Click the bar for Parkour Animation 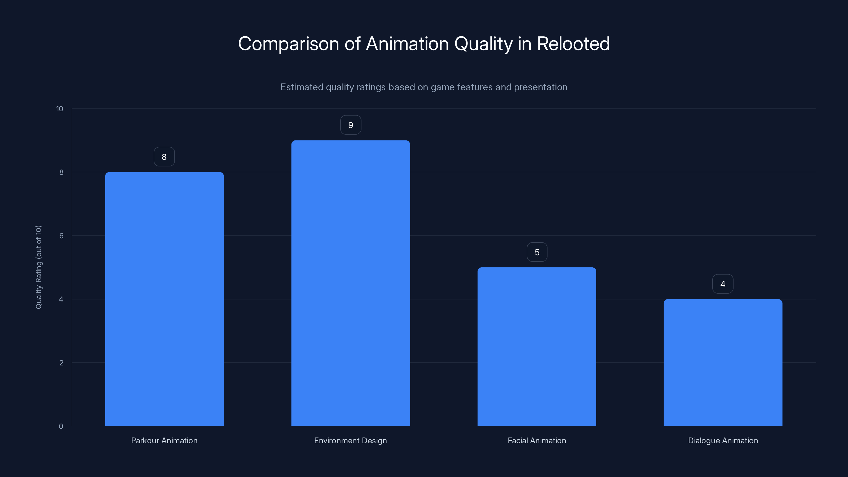point(164,299)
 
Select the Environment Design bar point(351,283)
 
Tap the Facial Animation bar point(537,347)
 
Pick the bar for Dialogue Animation point(723,363)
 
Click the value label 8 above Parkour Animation point(164,157)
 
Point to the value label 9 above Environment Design point(351,125)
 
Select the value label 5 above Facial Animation point(537,252)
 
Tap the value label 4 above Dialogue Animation point(723,284)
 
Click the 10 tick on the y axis point(60,109)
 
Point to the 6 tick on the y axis point(61,236)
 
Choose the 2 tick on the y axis point(61,363)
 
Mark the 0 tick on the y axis point(61,426)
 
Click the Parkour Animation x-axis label point(164,440)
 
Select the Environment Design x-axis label point(351,440)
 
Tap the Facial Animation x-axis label point(537,440)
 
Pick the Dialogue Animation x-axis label point(723,440)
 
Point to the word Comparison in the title point(289,44)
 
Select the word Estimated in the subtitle point(302,87)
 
